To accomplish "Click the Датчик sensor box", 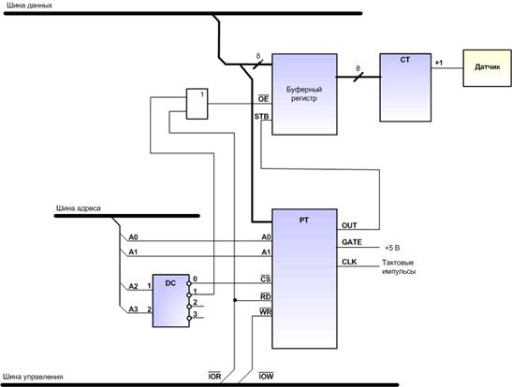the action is pyautogui.click(x=487, y=68).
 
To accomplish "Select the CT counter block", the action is pyautogui.click(x=405, y=88).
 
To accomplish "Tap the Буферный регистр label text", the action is pyautogui.click(x=304, y=93).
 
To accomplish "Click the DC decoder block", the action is pyautogui.click(x=170, y=300).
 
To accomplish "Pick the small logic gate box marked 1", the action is pyautogui.click(x=197, y=104).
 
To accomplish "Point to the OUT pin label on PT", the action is pyautogui.click(x=349, y=225).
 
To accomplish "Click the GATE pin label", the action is pyautogui.click(x=352, y=242).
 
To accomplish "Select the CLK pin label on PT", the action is pyautogui.click(x=349, y=262).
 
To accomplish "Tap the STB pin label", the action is pyautogui.click(x=261, y=116).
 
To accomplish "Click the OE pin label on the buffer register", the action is pyautogui.click(x=264, y=98).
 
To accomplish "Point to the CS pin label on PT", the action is pyautogui.click(x=266, y=279).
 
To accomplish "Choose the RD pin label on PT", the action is pyautogui.click(x=266, y=296).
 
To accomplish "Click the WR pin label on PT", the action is pyautogui.click(x=266, y=312).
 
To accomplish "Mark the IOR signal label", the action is pyautogui.click(x=214, y=376).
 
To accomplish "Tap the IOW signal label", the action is pyautogui.click(x=266, y=376).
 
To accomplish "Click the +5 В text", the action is pyautogui.click(x=392, y=248).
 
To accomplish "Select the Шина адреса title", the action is pyautogui.click(x=79, y=208).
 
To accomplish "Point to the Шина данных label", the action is pyautogui.click(x=29, y=6).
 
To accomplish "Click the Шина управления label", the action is pyautogui.click(x=33, y=377).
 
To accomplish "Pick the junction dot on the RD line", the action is pyautogui.click(x=235, y=300).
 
